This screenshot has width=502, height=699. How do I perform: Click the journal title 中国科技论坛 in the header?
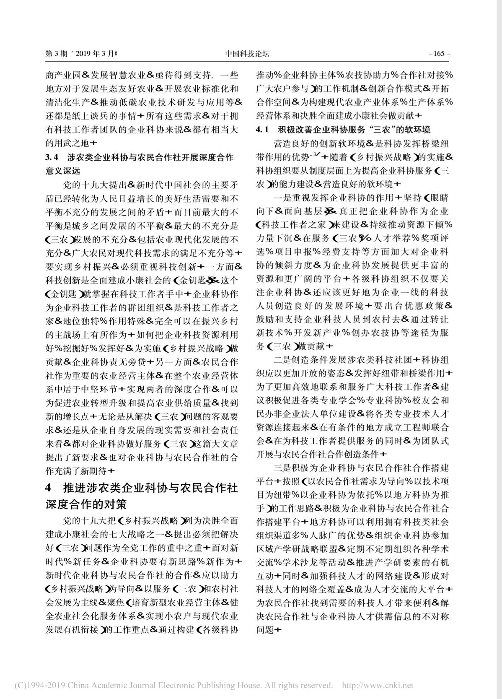pyautogui.click(x=247, y=54)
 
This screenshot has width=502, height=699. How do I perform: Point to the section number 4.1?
pyautogui.click(x=262, y=130)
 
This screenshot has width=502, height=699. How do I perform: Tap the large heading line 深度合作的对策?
pyautogui.click(x=85, y=503)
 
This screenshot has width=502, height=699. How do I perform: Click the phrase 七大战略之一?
pyautogui.click(x=134, y=534)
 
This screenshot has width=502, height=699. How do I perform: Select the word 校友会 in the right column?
pyautogui.click(x=428, y=400)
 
